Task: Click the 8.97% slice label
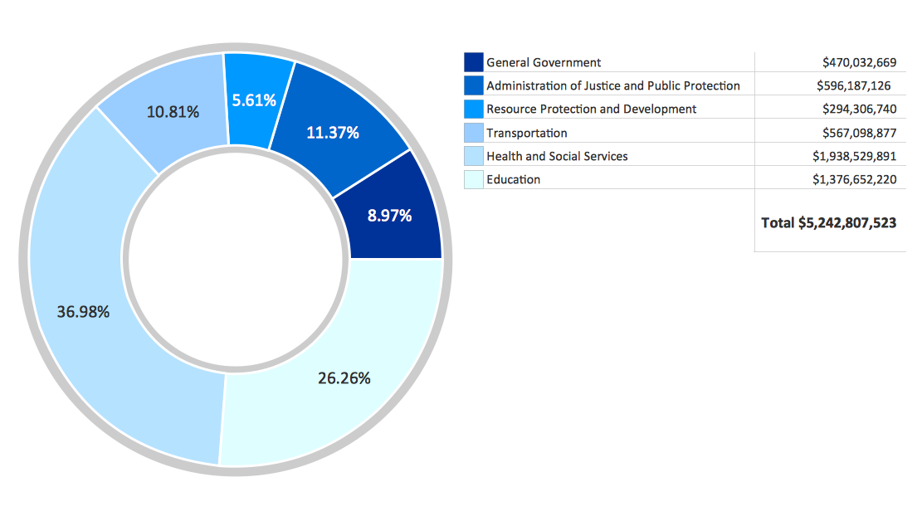coord(389,216)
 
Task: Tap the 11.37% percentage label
coord(332,132)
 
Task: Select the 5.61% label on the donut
coord(254,100)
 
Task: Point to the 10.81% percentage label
coord(173,111)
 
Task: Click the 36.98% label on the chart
coord(83,312)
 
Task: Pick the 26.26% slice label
coord(344,378)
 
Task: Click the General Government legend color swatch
coord(474,62)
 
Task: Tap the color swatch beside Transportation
coord(474,133)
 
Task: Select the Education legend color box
coord(474,179)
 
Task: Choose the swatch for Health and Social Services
coord(474,156)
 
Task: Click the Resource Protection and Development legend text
coord(591,109)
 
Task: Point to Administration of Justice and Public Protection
coord(612,85)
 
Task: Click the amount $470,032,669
coord(859,62)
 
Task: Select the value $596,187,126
coord(853,85)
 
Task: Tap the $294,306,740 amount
coord(859,109)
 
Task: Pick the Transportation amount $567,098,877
coord(859,133)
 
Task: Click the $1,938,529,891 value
coord(854,156)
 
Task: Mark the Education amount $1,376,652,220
coord(854,179)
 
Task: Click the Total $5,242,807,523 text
coord(828,222)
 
